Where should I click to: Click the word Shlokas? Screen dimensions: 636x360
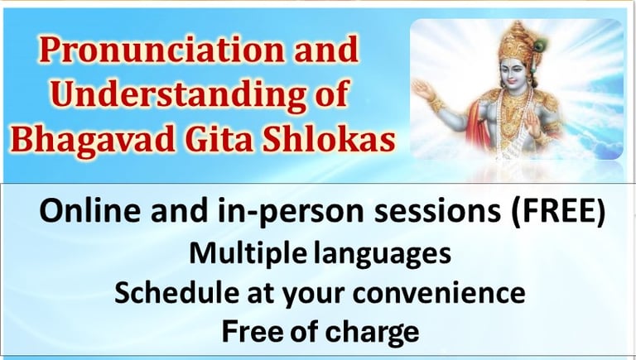tap(329, 138)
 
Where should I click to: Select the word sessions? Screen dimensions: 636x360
tap(437, 211)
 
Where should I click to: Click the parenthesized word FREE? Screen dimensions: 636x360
tap(557, 211)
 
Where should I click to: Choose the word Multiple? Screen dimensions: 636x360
tap(248, 254)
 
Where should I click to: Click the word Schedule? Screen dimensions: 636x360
tap(177, 292)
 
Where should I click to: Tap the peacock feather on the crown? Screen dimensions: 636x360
tap(538, 46)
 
